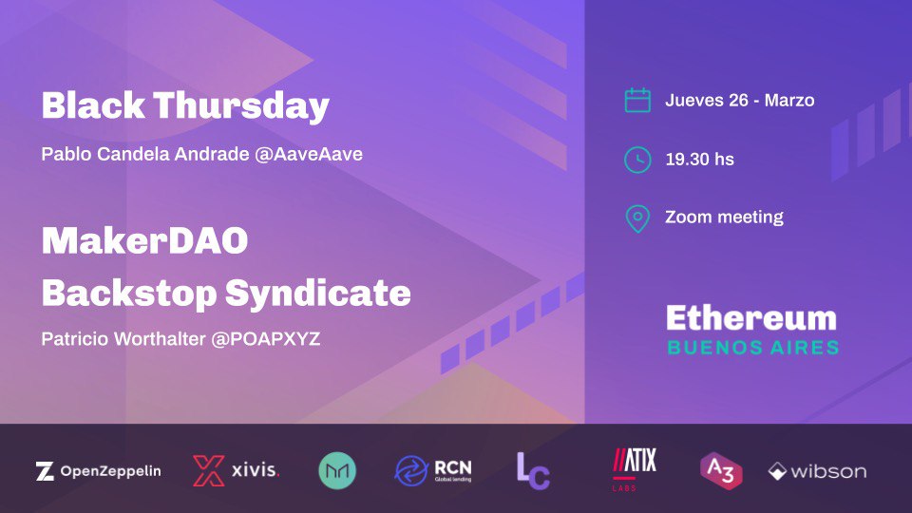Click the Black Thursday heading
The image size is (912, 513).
pyautogui.click(x=185, y=107)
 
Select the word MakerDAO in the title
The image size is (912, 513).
pyautogui.click(x=144, y=242)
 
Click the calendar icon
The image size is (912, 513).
pyautogui.click(x=637, y=101)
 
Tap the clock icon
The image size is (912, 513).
pyautogui.click(x=637, y=160)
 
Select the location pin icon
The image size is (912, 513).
pyautogui.click(x=637, y=218)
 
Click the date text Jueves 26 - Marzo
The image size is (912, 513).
pyautogui.click(x=739, y=101)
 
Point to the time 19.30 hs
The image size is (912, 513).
pyautogui.click(x=699, y=160)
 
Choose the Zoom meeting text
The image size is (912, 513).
pyautogui.click(x=724, y=218)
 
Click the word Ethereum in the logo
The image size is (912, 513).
pyautogui.click(x=751, y=318)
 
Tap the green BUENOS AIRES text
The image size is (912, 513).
pyautogui.click(x=752, y=347)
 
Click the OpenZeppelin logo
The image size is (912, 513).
pyautogui.click(x=98, y=470)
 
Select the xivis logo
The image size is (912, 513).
pyautogui.click(x=236, y=470)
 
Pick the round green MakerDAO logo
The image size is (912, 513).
pyautogui.click(x=337, y=470)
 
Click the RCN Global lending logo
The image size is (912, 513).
pyautogui.click(x=433, y=469)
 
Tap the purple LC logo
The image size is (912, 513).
pyautogui.click(x=533, y=470)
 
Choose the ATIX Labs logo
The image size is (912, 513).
pyautogui.click(x=634, y=467)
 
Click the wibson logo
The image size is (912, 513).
pyautogui.click(x=817, y=471)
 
